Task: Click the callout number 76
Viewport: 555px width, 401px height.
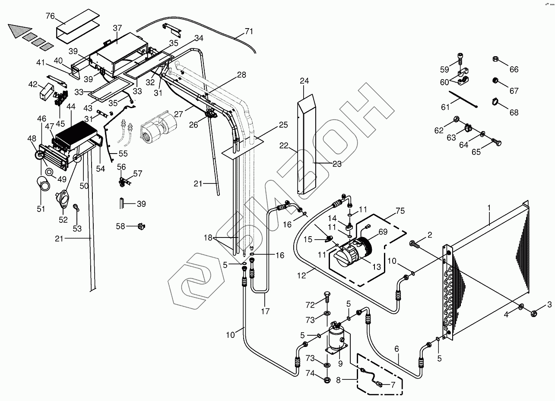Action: tap(50, 16)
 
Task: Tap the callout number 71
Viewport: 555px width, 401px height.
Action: tap(249, 32)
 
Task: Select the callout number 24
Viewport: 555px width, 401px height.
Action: tap(304, 80)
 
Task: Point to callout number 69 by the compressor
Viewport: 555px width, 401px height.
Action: tap(383, 231)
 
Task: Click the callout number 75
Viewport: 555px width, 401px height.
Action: tap(400, 211)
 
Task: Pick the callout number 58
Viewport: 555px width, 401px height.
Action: tap(121, 226)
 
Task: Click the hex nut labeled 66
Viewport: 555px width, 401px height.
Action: tap(495, 60)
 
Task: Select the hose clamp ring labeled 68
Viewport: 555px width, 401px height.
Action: tap(495, 101)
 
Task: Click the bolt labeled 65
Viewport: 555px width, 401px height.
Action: tap(496, 142)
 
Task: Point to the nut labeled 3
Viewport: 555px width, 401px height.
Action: tap(534, 314)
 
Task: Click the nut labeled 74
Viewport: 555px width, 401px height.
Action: tap(327, 379)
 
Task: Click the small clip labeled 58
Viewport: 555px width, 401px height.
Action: tap(141, 226)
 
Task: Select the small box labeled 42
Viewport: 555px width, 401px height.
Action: tap(47, 92)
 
